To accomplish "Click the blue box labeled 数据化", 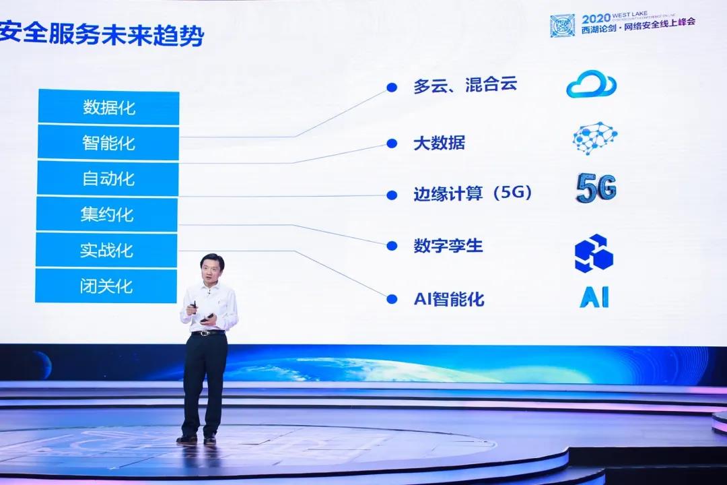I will [x=108, y=107].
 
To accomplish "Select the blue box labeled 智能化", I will [x=108, y=143].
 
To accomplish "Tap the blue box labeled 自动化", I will [x=108, y=179].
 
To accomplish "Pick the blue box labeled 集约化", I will [x=107, y=215].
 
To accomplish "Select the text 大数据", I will [x=439, y=143].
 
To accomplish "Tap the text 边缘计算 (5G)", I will [x=473, y=194].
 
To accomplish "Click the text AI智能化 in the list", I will [x=449, y=299].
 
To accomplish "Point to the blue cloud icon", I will [x=591, y=84].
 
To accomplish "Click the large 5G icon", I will [x=596, y=188].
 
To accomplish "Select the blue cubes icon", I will [x=593, y=253].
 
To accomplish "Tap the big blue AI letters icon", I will [x=594, y=297].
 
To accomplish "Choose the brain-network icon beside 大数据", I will [x=594, y=137].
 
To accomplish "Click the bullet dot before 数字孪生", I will [x=391, y=246].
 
